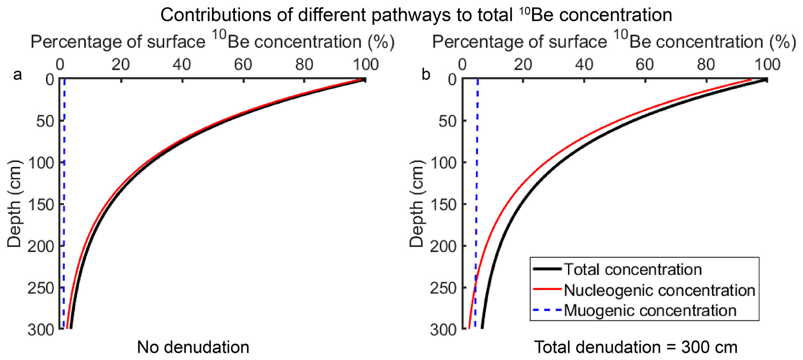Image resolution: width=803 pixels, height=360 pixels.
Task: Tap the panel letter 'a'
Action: (17, 74)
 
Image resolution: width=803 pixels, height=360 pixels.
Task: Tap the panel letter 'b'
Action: (426, 74)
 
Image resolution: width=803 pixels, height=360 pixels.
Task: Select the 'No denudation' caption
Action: (193, 347)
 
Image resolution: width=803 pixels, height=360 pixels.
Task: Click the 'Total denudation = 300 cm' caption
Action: (636, 347)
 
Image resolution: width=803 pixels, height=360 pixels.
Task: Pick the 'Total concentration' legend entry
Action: (633, 270)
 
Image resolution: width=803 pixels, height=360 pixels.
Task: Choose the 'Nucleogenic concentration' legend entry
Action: (659, 290)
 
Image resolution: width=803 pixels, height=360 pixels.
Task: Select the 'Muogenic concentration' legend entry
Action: (650, 310)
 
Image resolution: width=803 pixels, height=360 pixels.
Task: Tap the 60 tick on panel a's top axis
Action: (243, 64)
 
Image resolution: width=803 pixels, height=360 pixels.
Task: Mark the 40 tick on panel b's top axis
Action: (584, 64)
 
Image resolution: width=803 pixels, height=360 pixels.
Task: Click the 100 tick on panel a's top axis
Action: (364, 64)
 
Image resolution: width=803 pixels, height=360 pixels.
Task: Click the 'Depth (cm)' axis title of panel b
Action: (417, 204)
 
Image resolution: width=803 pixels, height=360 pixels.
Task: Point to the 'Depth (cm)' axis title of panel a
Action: (15, 204)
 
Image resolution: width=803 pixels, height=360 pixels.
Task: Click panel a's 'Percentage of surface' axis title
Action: (213, 42)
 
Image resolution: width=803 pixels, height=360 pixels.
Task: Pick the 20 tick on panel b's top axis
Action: (523, 64)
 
